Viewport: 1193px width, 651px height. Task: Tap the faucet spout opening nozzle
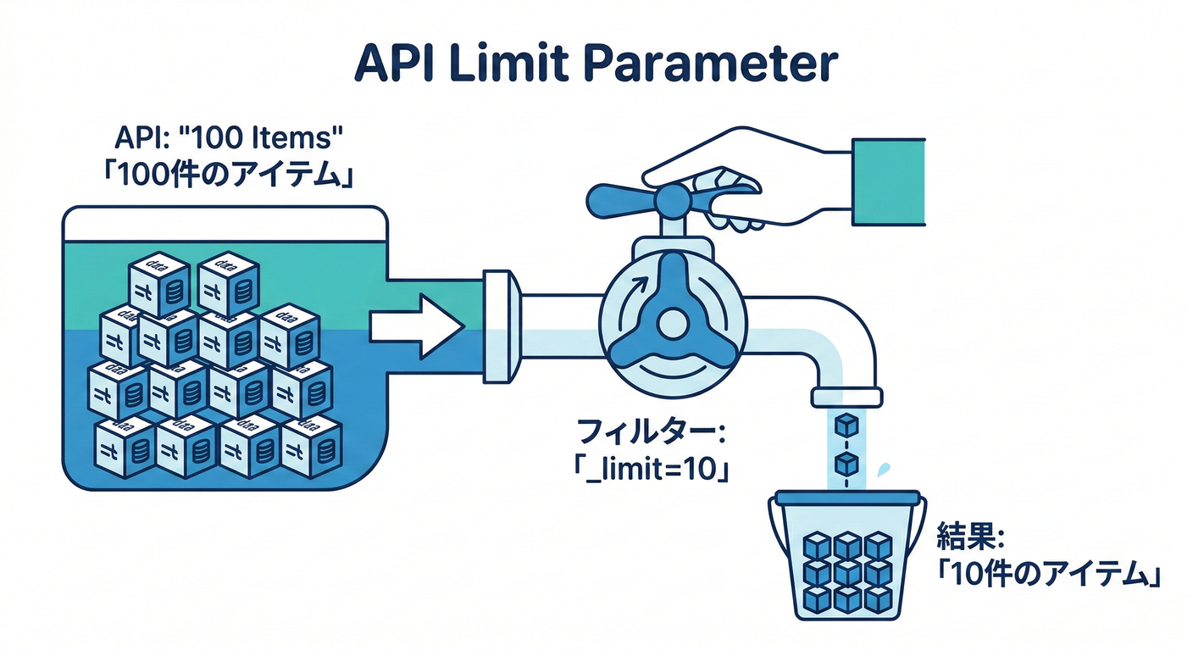(x=846, y=397)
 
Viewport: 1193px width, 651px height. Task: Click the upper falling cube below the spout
(x=846, y=425)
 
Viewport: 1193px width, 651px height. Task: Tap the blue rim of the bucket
(x=846, y=500)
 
